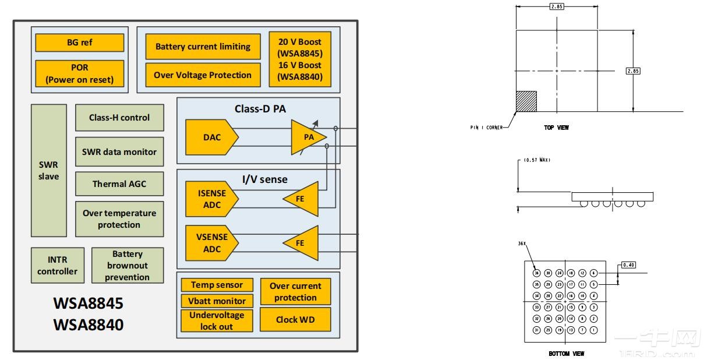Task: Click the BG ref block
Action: click(79, 43)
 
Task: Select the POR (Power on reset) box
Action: click(79, 73)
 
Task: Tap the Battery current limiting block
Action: click(203, 47)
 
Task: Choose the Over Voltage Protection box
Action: click(203, 75)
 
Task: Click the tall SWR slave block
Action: click(49, 171)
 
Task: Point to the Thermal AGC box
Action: click(119, 184)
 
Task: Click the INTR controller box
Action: click(57, 265)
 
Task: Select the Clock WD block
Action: click(295, 319)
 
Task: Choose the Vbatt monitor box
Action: click(217, 301)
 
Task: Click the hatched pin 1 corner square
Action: click(526, 101)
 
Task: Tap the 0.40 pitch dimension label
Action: click(628, 264)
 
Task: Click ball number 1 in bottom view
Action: click(593, 330)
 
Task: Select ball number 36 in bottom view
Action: click(536, 273)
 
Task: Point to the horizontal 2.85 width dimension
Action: click(556, 7)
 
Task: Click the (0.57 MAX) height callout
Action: click(535, 160)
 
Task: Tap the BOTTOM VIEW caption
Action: click(566, 353)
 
